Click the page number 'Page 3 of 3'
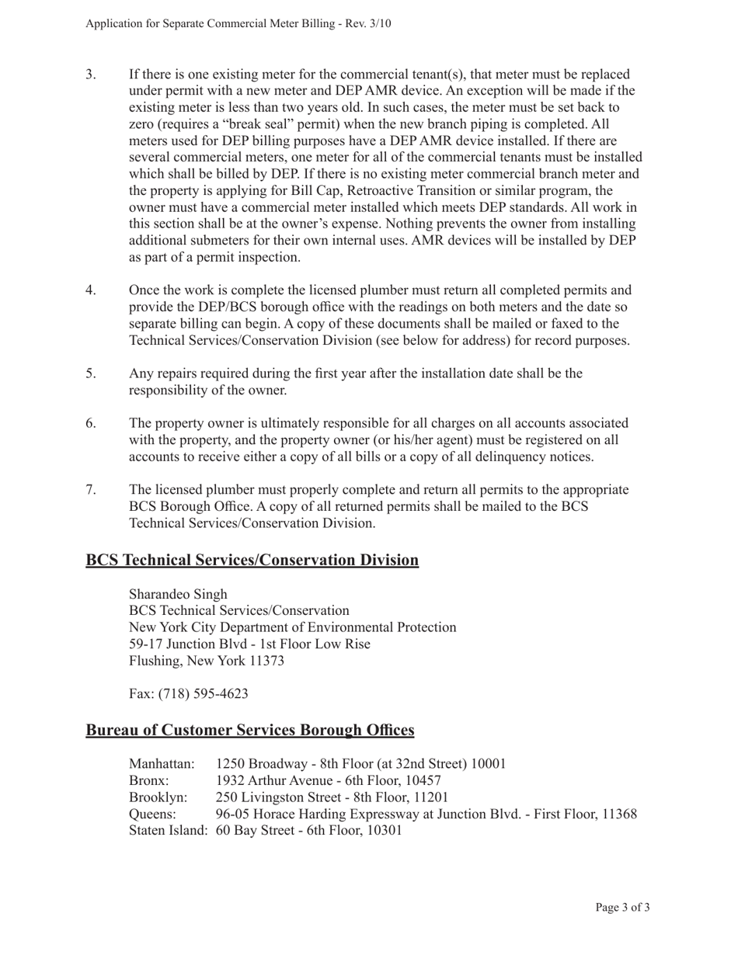click(622, 907)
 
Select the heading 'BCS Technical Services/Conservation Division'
click(252, 560)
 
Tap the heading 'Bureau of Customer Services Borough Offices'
click(249, 730)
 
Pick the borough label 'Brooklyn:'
click(158, 797)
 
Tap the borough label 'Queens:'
click(152, 814)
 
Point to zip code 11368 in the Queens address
click(619, 814)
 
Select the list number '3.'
click(91, 75)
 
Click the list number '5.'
click(91, 373)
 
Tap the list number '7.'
click(91, 490)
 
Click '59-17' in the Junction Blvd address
click(144, 644)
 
